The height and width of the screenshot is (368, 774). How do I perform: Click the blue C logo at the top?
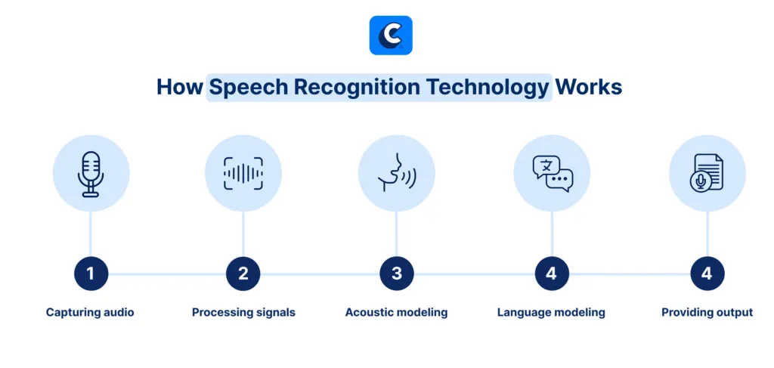click(391, 35)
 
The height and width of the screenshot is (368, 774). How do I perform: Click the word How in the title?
click(180, 88)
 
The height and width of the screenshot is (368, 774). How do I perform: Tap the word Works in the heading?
click(588, 88)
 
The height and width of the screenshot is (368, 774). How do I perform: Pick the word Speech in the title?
click(248, 88)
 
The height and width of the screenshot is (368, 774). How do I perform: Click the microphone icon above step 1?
click(91, 174)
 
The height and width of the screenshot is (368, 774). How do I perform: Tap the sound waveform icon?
click(243, 173)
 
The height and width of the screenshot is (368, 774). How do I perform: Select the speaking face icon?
click(396, 172)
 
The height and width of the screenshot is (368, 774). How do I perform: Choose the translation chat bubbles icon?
click(553, 174)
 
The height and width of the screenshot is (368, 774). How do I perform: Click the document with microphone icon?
click(707, 172)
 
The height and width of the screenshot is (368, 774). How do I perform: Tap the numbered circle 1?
click(91, 274)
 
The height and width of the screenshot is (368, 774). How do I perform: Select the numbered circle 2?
click(243, 274)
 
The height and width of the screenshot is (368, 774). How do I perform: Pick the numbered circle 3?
click(396, 274)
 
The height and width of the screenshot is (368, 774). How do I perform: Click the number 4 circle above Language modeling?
click(552, 274)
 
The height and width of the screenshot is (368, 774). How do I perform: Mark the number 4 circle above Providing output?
click(707, 274)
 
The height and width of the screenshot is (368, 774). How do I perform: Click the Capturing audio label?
click(90, 313)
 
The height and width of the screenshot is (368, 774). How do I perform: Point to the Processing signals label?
click(243, 313)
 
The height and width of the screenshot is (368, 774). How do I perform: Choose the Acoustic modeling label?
click(396, 313)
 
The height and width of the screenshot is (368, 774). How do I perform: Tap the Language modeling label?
click(551, 313)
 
